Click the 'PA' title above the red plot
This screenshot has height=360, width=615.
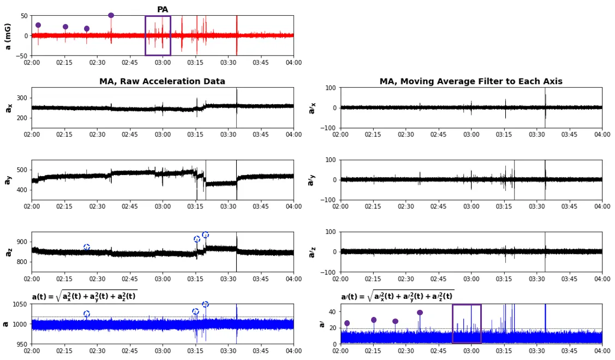click(x=163, y=10)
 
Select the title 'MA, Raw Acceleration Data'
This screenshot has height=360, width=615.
click(x=162, y=82)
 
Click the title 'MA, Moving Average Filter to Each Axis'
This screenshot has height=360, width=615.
click(x=471, y=82)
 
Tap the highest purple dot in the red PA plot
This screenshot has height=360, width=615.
click(x=111, y=15)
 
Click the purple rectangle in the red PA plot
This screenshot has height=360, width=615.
click(x=158, y=35)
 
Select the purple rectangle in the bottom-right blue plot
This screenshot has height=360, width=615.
click(x=467, y=323)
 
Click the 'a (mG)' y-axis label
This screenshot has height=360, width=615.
click(x=8, y=36)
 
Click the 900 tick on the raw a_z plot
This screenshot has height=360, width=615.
click(x=22, y=242)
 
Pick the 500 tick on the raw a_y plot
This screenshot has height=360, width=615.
click(x=22, y=170)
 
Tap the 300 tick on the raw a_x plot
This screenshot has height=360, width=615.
click(x=22, y=98)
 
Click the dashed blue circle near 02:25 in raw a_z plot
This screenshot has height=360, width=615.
click(x=87, y=248)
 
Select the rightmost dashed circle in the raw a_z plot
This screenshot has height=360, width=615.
click(x=205, y=235)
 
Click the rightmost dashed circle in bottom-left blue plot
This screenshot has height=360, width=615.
click(x=205, y=304)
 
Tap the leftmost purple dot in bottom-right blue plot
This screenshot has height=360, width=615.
click(x=347, y=323)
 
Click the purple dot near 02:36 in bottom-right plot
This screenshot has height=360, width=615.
click(x=420, y=313)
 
